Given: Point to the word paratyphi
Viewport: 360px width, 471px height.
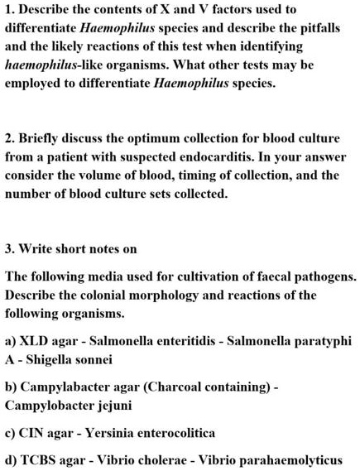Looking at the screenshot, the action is point(319,341).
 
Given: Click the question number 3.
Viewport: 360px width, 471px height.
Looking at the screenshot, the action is point(9,248).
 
